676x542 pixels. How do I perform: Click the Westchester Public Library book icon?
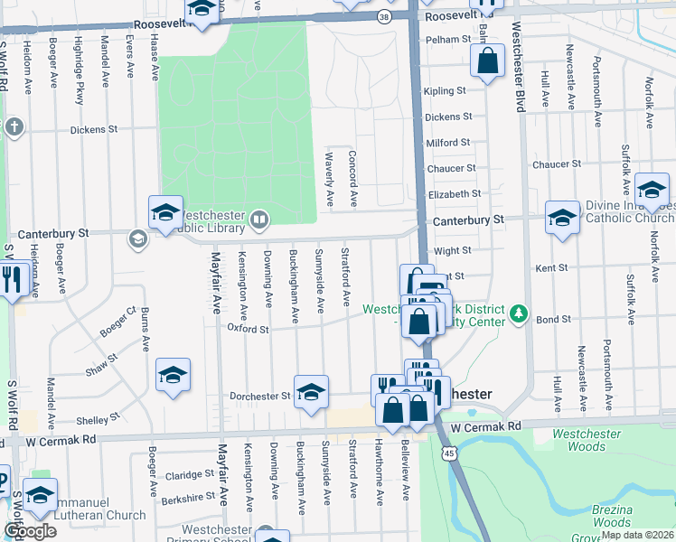tap(260, 218)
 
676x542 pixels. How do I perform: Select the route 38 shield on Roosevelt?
tap(385, 16)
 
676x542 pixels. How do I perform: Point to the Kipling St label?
tap(445, 91)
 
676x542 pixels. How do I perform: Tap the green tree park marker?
tap(519, 313)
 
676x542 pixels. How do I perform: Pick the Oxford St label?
tap(248, 330)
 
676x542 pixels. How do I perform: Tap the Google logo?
tap(30, 531)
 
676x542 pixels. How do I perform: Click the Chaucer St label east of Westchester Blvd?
tap(557, 164)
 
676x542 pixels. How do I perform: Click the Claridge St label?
tap(189, 474)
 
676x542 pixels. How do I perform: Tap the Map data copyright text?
tap(637, 535)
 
